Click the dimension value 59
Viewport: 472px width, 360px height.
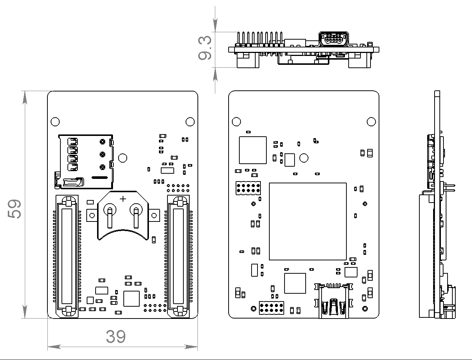click(x=14, y=209)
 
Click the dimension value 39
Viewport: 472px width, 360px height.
click(x=116, y=336)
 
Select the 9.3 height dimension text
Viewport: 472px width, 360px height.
click(x=205, y=48)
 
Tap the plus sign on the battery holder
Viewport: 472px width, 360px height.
click(x=123, y=199)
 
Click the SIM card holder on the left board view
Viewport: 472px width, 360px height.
click(x=84, y=161)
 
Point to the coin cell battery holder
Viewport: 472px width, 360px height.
click(x=123, y=215)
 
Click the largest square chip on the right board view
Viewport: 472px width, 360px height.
click(x=308, y=221)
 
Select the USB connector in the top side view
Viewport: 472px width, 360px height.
click(x=333, y=39)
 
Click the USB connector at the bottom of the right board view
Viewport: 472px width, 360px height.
click(x=333, y=301)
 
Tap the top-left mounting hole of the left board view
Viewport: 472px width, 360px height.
click(x=55, y=121)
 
